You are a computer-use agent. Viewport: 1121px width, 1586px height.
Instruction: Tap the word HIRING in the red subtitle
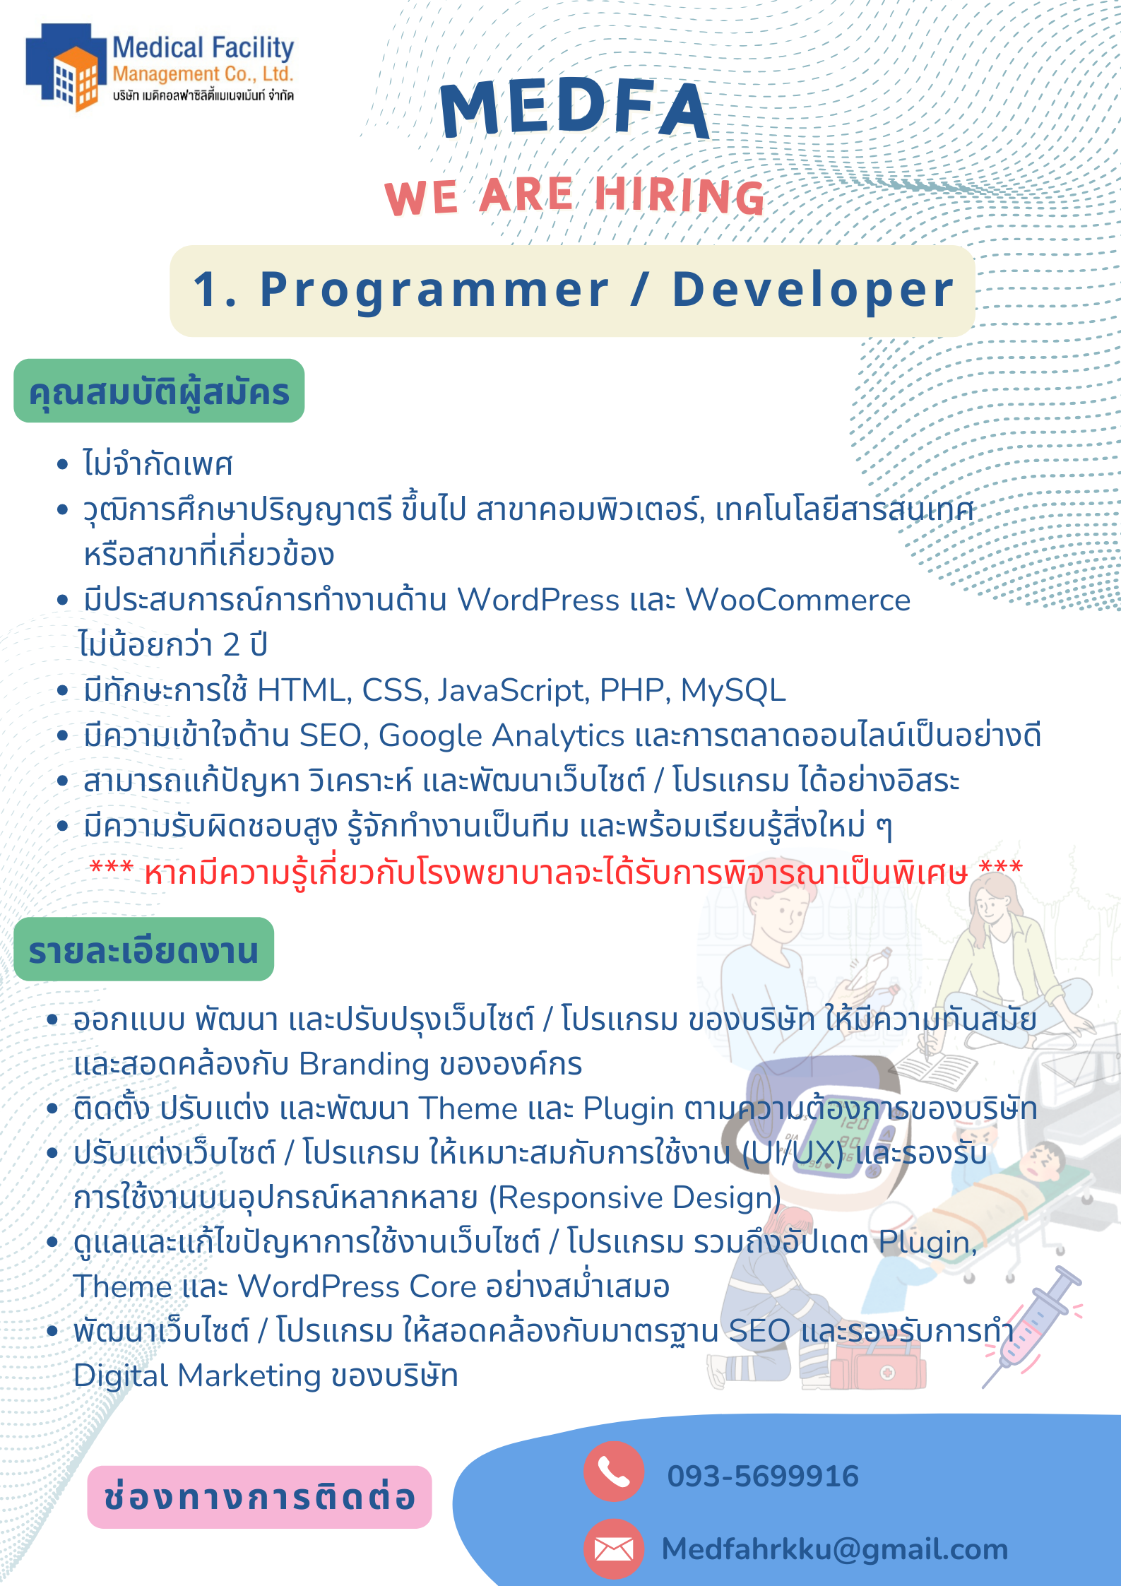point(680,195)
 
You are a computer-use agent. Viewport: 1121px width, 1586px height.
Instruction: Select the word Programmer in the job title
point(434,290)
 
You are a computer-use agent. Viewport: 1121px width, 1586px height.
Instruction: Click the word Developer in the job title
point(813,290)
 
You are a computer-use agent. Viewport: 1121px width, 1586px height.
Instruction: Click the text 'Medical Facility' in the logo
point(203,48)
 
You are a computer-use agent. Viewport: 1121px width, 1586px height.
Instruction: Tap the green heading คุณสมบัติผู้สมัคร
point(159,391)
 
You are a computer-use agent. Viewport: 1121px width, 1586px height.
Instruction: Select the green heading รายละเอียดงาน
point(143,949)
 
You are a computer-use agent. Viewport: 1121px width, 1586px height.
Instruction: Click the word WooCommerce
point(797,600)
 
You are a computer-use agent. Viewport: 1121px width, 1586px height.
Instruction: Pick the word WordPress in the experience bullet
point(538,600)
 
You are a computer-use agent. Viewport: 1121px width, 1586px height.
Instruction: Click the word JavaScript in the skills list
point(512,690)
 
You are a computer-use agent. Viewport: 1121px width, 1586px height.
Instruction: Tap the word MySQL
point(732,690)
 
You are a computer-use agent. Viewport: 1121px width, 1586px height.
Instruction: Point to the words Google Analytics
point(502,735)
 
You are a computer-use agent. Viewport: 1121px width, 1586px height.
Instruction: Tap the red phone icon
point(613,1471)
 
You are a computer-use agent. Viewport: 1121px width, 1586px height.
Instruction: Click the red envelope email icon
point(613,1549)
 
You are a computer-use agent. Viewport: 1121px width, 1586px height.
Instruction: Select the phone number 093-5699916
point(763,1476)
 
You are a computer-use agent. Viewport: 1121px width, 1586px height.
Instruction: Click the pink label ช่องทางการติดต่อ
point(259,1497)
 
